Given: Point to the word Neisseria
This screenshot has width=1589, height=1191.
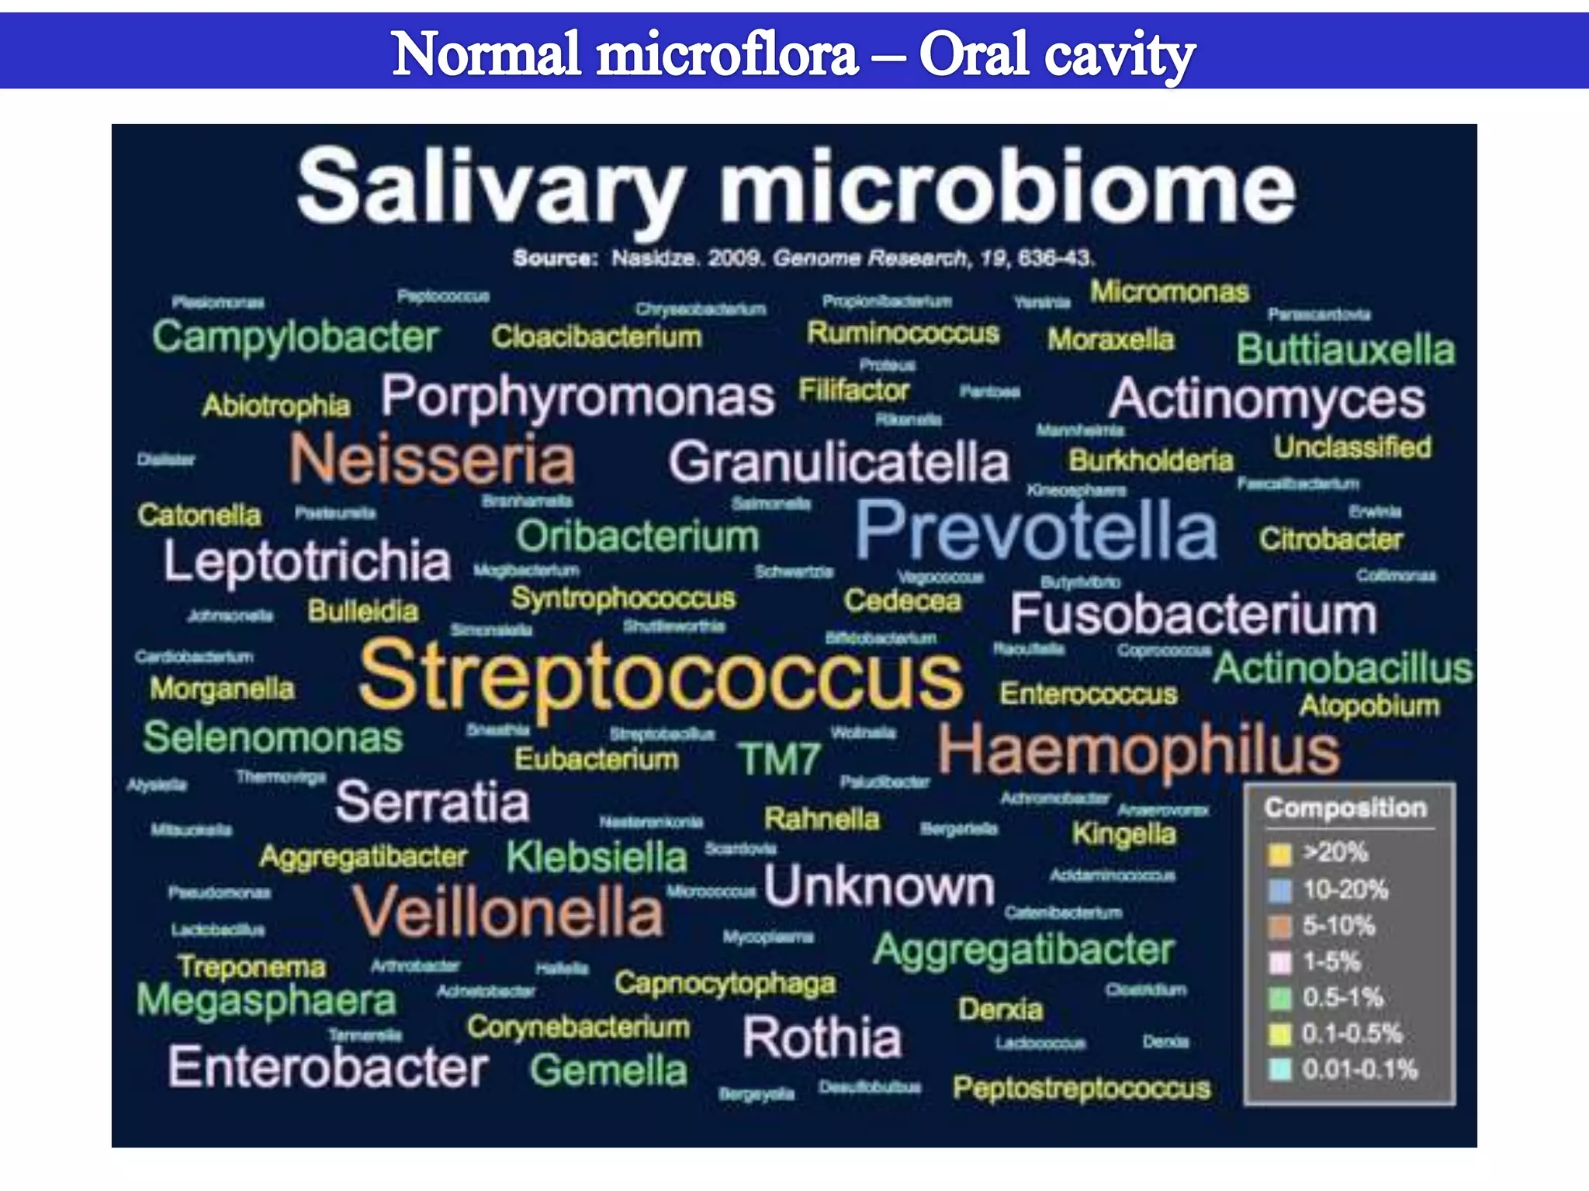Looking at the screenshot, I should click(x=432, y=459).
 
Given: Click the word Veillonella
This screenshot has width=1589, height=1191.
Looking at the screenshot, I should click(x=508, y=912).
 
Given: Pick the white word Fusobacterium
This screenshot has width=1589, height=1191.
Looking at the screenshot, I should click(x=1193, y=615).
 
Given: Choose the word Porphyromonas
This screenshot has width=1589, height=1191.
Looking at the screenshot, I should click(x=577, y=397).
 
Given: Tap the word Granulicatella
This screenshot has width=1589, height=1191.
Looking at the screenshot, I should click(x=839, y=463).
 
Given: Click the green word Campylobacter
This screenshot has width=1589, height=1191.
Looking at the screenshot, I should click(x=296, y=337).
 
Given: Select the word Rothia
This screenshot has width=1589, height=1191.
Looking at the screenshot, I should click(x=822, y=1037).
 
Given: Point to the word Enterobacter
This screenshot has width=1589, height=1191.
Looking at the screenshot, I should click(x=327, y=1068).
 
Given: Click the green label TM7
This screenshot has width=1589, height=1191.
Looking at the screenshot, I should click(x=778, y=759).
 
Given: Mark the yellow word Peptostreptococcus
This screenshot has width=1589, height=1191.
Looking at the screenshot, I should click(x=1082, y=1089).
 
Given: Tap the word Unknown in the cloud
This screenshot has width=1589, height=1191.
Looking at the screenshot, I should click(x=879, y=886).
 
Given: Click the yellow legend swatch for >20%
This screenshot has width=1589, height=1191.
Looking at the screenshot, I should click(x=1279, y=854).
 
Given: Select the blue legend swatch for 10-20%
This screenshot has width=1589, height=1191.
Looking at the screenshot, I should click(x=1279, y=891).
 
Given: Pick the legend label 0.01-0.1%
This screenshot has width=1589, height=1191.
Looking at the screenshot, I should click(x=1359, y=1070).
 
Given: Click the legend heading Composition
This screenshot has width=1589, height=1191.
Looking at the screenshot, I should click(x=1345, y=808).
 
